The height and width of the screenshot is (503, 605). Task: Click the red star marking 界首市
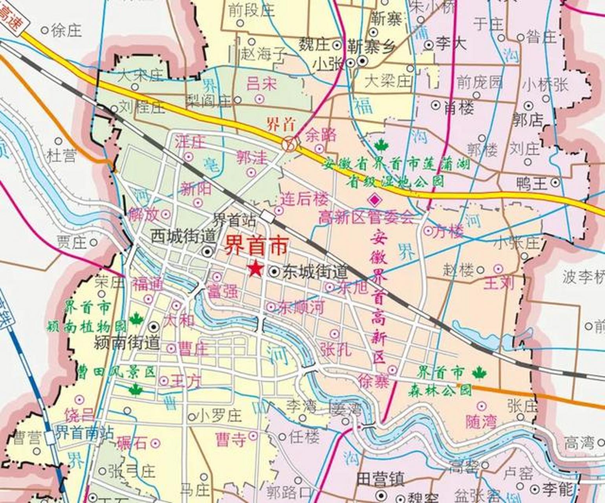point(255,269)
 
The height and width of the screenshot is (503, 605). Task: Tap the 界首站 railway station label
point(234,220)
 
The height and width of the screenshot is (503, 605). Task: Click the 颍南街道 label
point(126,343)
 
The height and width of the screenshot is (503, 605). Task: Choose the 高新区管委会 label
point(366,217)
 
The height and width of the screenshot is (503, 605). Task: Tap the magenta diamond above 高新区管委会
point(375,200)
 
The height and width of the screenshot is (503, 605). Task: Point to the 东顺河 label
point(301,307)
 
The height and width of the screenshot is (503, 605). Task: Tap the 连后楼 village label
point(304,200)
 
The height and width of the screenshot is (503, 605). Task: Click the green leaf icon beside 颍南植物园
point(136,319)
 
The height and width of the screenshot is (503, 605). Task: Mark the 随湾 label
point(481,422)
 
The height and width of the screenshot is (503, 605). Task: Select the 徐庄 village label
point(66,30)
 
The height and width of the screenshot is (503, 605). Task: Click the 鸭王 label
point(532,184)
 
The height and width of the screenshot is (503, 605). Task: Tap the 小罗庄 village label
point(220,415)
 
